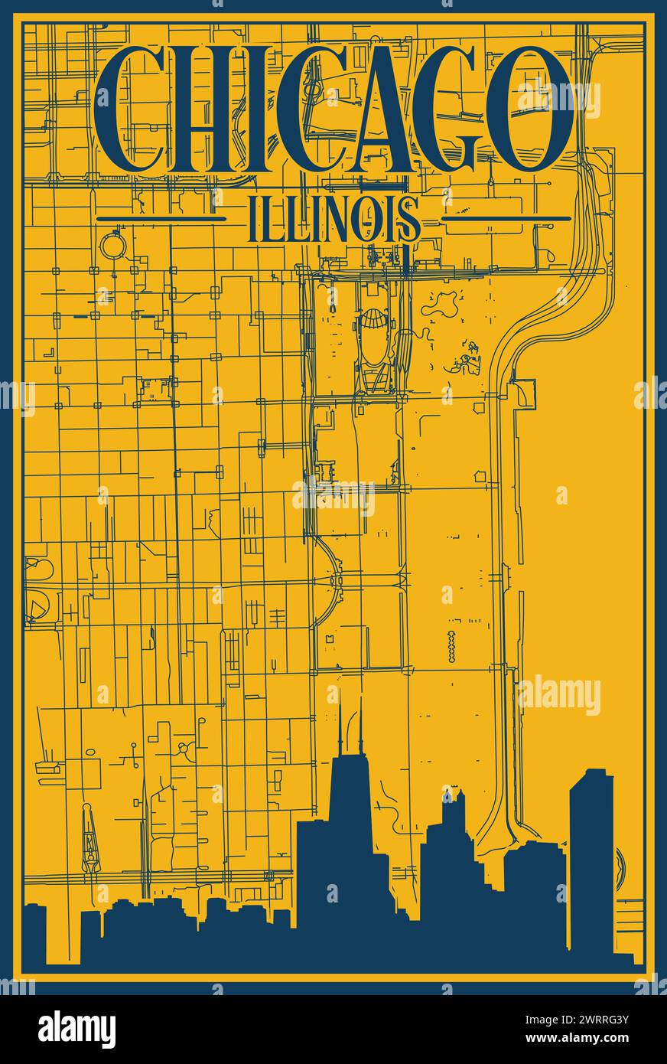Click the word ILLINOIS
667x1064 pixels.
pos(334,219)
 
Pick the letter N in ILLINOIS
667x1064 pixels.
pos(340,219)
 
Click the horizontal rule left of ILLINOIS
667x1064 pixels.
pos(171,219)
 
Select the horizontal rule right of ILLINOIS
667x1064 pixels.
pos(507,218)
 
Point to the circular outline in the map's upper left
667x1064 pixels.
pos(112,246)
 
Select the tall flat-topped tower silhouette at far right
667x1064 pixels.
pos(591,857)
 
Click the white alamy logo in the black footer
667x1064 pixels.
pos(76,1029)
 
